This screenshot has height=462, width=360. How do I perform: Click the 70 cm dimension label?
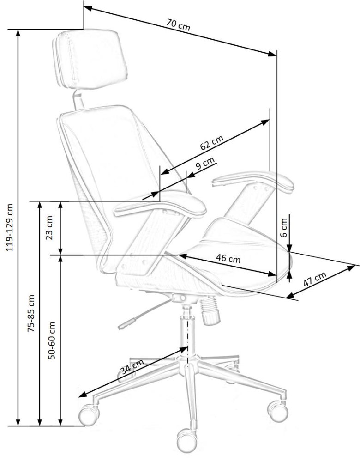click(178, 24)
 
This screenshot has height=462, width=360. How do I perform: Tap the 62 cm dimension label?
click(212, 142)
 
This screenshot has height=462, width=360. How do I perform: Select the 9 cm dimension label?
click(205, 163)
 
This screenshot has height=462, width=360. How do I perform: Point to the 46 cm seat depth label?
click(228, 258)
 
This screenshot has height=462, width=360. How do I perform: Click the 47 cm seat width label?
click(315, 279)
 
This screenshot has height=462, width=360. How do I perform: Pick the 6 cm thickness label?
click(283, 228)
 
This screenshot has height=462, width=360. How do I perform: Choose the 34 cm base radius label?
click(132, 367)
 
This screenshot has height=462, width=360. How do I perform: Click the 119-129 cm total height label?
click(10, 227)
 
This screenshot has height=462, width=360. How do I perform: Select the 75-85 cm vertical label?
click(31, 313)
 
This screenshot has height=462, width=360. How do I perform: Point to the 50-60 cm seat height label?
click(52, 340)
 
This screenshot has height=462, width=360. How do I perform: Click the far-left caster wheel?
click(88, 415)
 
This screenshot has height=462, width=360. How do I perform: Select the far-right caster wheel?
click(277, 411)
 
